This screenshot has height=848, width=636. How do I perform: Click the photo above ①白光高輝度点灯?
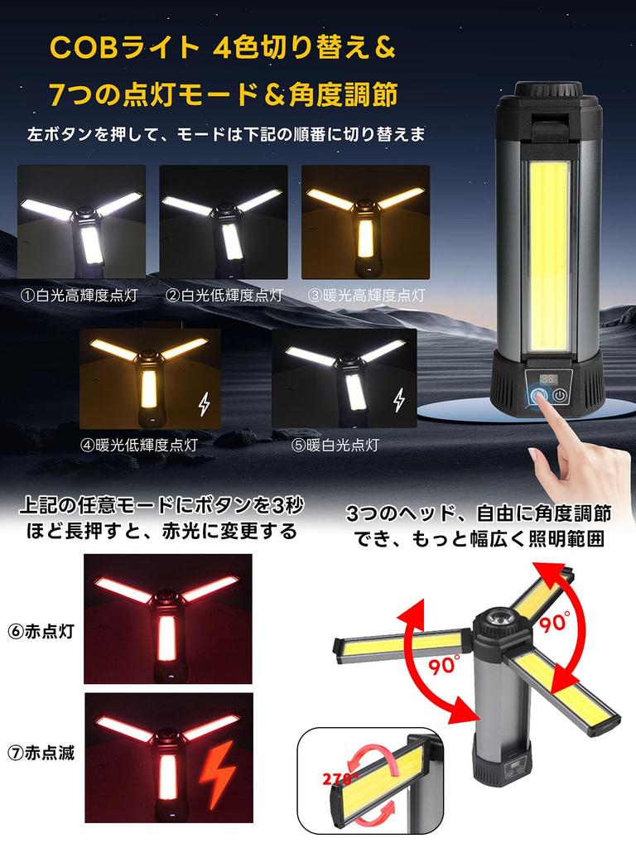[82, 222]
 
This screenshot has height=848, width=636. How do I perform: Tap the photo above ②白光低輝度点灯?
[224, 222]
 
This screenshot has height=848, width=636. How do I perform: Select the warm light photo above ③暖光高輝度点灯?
[365, 222]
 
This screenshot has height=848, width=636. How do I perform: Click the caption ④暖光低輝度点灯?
[139, 445]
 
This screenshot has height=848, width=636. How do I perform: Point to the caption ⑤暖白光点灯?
[335, 445]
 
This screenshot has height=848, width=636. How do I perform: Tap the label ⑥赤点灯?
[41, 631]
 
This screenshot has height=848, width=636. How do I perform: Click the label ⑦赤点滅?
[41, 752]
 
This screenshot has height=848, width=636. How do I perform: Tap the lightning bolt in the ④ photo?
[204, 404]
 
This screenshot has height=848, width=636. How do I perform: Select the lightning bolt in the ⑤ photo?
[398, 400]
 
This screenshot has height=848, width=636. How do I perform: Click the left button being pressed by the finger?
[539, 396]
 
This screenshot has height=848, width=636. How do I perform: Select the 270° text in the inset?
[340, 779]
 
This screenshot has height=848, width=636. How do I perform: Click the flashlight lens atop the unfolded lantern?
[496, 618]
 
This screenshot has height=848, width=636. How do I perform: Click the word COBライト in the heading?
[125, 47]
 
